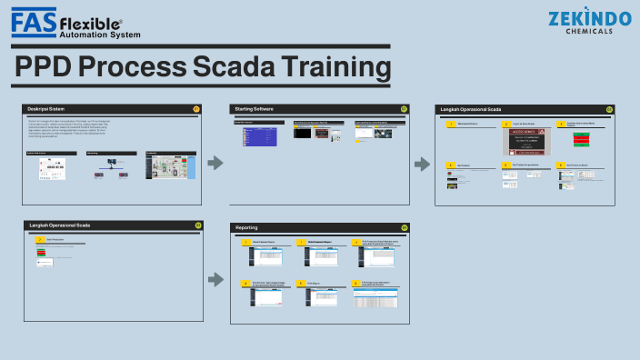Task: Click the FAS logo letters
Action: coord(34,21)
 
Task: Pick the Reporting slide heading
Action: coord(247,227)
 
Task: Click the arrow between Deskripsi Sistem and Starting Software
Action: coord(215,163)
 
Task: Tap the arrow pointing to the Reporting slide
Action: coord(215,279)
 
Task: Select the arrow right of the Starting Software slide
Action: coord(422,164)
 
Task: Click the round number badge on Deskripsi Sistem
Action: coord(197,109)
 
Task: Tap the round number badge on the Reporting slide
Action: coord(404,227)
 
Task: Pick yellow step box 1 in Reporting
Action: coord(245,243)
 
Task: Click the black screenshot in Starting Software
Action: coord(304,133)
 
